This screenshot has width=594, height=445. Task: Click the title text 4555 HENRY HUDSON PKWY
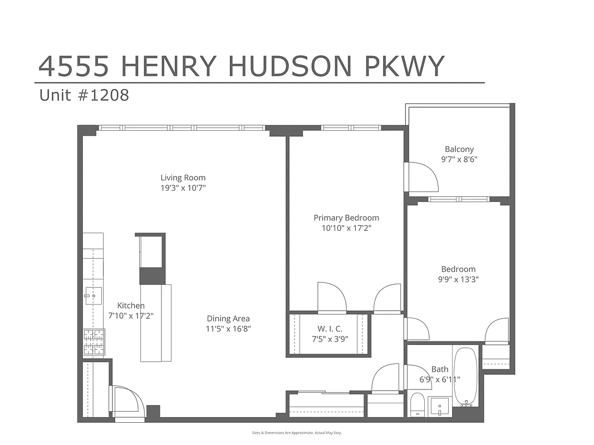point(241,67)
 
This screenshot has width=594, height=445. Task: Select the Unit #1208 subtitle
point(84,95)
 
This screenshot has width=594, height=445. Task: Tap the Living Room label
point(183,178)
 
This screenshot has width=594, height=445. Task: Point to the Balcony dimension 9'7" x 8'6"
point(459,159)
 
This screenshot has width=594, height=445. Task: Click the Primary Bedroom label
point(346,218)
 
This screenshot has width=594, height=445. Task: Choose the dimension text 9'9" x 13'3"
point(459,279)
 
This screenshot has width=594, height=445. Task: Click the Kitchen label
point(131,305)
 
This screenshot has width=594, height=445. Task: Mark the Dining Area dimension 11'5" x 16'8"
point(228,329)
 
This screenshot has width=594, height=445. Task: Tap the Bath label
point(440,369)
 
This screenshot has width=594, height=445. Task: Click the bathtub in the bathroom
point(465,376)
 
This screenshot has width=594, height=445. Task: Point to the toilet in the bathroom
point(417,404)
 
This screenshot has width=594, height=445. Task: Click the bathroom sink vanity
point(440,407)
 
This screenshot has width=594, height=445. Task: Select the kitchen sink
point(93,295)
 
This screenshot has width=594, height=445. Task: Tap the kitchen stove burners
point(94,342)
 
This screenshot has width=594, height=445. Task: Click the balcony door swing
point(421,177)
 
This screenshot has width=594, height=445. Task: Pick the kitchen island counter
point(155,323)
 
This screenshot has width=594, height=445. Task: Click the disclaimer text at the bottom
point(297,432)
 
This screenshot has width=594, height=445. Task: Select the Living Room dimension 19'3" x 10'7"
point(183,188)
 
